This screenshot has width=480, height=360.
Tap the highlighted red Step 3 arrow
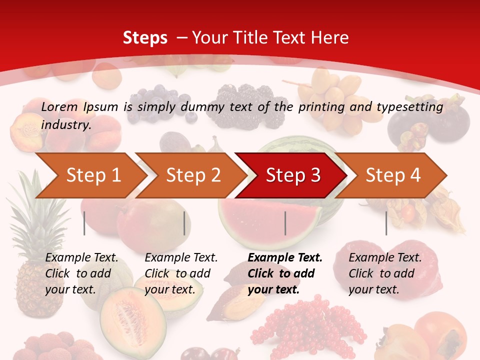[292, 175]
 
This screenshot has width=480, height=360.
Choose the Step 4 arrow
[392, 175]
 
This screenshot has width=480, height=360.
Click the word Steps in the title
[145, 37]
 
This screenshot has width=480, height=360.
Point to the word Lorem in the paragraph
[59, 106]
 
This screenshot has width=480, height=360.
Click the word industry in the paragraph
[65, 124]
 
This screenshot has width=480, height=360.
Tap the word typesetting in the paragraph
[409, 106]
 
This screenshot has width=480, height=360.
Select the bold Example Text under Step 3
[285, 258]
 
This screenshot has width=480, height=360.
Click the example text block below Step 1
[81, 273]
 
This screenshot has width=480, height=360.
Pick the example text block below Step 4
[385, 273]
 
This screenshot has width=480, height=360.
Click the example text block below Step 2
[181, 273]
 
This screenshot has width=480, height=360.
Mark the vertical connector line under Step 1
[84, 223]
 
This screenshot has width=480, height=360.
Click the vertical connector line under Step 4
[386, 223]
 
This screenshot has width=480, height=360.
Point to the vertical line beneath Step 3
[285, 223]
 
